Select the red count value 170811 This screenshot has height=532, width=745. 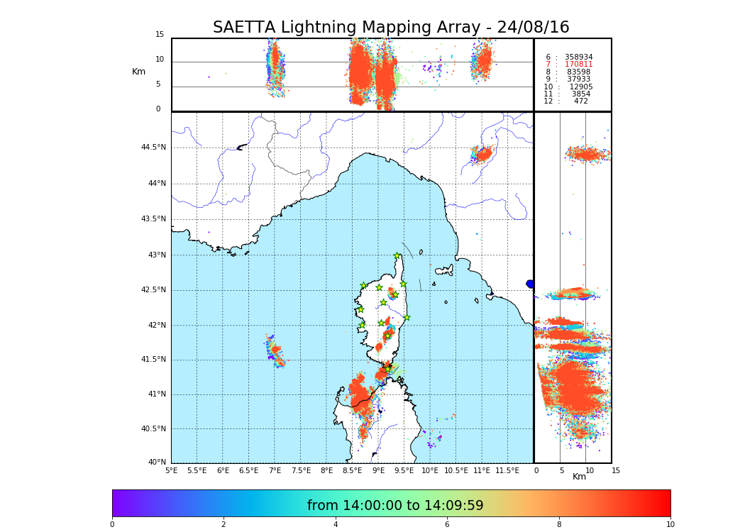coord(578,65)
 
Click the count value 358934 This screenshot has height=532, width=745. coord(578,57)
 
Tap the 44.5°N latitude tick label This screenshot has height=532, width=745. coord(153,148)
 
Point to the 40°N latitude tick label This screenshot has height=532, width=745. coord(157,462)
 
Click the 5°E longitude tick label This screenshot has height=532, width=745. coord(171,470)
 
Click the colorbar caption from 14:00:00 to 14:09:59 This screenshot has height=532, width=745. coord(395,506)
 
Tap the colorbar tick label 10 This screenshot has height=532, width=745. coord(670,524)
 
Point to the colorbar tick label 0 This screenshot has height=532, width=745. coord(112,524)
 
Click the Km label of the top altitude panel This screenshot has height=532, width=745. coord(138,72)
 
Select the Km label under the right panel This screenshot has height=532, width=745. coord(579,477)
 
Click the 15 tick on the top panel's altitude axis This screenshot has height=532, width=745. coord(160,35)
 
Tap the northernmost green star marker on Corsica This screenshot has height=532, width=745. coord(397,256)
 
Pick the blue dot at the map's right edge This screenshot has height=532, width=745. coord(530,284)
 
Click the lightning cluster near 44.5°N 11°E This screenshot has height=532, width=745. coord(482,154)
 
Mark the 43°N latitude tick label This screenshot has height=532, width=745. coord(157,255)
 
